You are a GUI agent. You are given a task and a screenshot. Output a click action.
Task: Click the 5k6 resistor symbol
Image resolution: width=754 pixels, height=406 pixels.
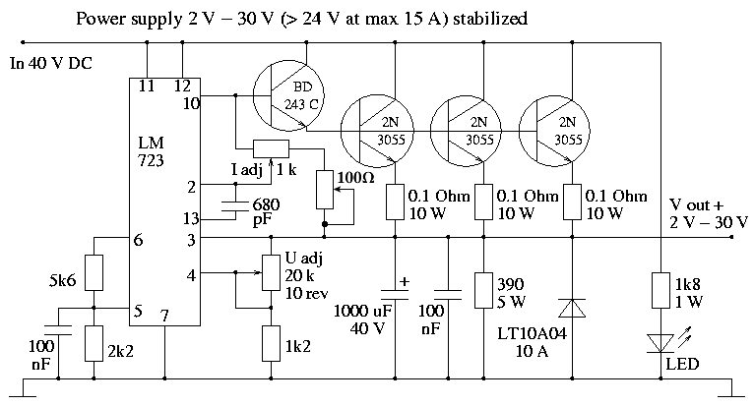[94, 273]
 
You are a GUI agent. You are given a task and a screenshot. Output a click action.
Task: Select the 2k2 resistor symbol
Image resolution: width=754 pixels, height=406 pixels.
[94, 343]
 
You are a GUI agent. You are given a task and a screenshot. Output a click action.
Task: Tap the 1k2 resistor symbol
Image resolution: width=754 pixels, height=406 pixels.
[272, 343]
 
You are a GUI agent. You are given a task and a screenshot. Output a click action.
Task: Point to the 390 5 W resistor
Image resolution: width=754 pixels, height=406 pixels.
[483, 290]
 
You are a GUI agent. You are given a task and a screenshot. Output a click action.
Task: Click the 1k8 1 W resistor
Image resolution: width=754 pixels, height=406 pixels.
[660, 290]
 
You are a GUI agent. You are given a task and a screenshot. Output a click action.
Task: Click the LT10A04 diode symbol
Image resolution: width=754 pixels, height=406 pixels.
[572, 308]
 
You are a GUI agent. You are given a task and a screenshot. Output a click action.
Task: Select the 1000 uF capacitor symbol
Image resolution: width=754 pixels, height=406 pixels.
[396, 294]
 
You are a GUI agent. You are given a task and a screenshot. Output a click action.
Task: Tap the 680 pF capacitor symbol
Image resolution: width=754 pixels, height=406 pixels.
[235, 206]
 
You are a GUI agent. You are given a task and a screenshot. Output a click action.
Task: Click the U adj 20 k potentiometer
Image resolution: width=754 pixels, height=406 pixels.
[272, 273]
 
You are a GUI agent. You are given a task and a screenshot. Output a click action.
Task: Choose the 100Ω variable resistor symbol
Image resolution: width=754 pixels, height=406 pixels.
[325, 190]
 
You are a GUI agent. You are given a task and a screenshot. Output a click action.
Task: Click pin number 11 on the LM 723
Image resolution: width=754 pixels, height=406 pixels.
[147, 86]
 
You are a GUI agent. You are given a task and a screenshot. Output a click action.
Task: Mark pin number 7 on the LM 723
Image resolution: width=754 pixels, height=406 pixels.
[164, 316]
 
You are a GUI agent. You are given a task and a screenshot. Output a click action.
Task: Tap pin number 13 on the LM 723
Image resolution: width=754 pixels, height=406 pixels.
[191, 218]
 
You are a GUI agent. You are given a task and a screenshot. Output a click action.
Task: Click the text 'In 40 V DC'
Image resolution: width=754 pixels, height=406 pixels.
[51, 64]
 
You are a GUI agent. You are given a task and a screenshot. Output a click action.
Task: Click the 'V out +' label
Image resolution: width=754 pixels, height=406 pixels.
[696, 205]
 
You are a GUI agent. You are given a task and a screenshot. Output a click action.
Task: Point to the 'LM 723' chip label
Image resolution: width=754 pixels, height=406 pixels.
[151, 151]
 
